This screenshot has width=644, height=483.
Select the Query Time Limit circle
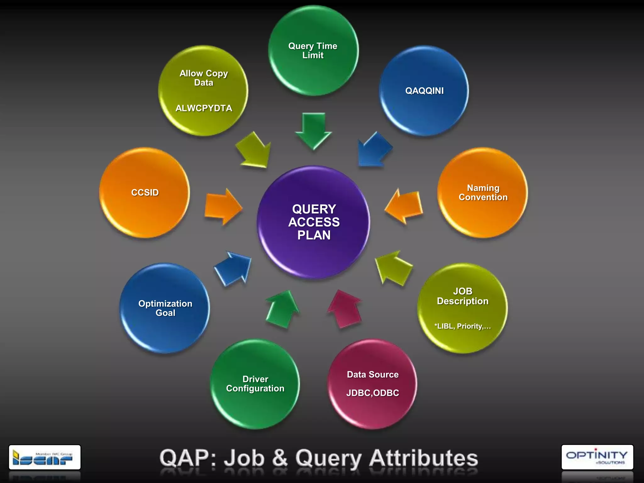coord(313,51)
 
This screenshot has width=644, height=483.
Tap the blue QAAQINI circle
coord(424,91)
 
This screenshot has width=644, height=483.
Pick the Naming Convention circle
coord(483,192)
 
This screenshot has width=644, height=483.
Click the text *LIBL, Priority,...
coord(462,326)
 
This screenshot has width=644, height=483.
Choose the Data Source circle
coord(373,384)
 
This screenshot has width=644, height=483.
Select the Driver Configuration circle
coord(255,384)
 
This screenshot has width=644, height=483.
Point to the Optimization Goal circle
coord(165,308)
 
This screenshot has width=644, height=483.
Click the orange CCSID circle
coord(145,192)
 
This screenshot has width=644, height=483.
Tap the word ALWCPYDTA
coord(204,108)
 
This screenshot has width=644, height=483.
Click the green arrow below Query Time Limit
coord(314,130)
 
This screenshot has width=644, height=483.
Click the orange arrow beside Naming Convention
coord(404,207)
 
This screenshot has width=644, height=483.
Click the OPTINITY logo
coord(597,457)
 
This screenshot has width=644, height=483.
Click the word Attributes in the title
coord(423,458)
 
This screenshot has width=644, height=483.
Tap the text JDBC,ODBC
coord(373,393)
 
